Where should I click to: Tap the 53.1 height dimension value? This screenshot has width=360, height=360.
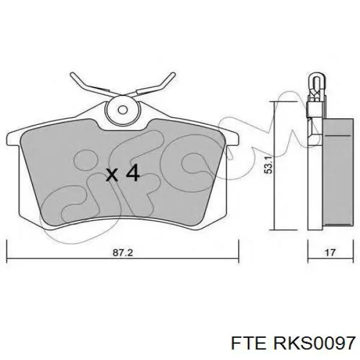click(269, 165)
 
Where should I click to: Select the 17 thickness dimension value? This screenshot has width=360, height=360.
click(330, 253)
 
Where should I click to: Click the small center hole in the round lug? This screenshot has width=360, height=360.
click(123, 110)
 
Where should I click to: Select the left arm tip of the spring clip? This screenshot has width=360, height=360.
click(72, 74)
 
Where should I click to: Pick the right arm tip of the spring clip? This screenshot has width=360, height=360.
click(173, 74)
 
